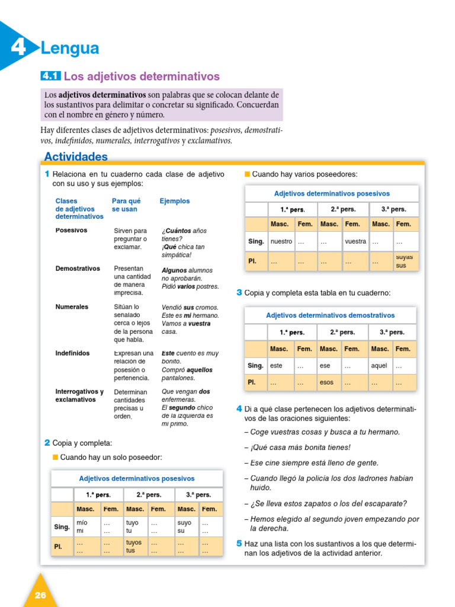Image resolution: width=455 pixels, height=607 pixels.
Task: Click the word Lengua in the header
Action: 69,48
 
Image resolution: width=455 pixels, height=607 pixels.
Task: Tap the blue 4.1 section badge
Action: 50,76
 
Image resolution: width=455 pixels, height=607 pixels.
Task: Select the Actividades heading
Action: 76,156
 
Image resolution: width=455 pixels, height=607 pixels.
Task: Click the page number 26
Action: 40,595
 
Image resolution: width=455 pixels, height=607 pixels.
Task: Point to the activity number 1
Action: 47,174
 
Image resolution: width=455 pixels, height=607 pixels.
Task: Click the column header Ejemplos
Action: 175,201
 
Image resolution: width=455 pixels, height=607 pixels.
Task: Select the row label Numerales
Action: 72,307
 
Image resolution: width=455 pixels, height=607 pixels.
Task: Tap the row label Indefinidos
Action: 73,353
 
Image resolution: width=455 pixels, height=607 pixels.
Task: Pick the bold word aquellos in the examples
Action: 196,370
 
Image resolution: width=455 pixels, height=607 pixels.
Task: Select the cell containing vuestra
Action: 355,242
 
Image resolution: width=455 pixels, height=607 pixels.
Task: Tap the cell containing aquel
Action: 379,366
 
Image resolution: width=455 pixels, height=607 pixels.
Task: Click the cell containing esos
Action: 326,382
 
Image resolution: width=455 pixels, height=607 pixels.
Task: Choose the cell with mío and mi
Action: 82,526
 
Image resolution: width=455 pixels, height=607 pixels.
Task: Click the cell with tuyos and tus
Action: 134,546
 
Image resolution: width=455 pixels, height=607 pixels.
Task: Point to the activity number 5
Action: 239,544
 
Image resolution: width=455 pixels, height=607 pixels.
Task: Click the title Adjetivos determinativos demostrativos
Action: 330,315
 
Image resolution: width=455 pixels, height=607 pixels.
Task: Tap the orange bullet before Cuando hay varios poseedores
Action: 248,174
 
